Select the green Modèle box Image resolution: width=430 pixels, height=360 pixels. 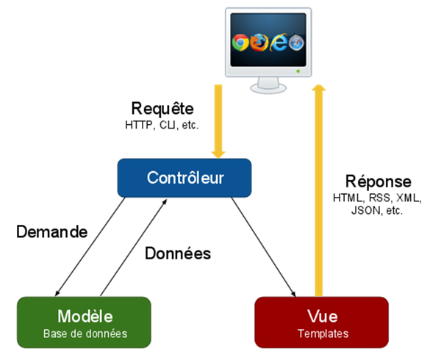[x=85, y=322]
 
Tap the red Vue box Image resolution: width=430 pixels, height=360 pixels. [x=321, y=322]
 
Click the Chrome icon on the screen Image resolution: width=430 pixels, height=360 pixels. [x=240, y=43]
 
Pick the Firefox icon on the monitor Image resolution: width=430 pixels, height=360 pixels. [x=259, y=43]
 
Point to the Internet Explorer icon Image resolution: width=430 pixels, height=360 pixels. [x=278, y=43]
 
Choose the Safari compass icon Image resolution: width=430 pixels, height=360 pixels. [x=296, y=43]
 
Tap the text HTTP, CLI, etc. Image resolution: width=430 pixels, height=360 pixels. [x=162, y=124]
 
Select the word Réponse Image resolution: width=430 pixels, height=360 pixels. [x=378, y=181]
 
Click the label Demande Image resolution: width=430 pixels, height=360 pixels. [x=52, y=231]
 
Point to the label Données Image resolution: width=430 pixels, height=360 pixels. [x=178, y=254]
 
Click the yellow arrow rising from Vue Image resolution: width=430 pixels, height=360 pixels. [x=318, y=191]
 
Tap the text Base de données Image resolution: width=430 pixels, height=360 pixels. [x=85, y=334]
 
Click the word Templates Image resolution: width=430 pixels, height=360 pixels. [x=321, y=334]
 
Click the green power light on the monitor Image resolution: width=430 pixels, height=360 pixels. [x=298, y=71]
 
